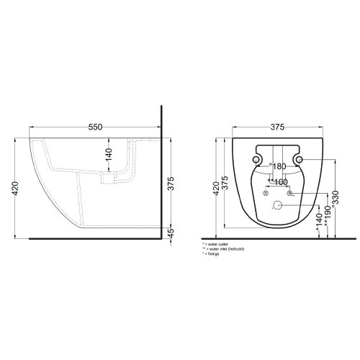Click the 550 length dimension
point(94,127)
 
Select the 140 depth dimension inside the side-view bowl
point(108,153)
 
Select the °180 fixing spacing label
point(277,167)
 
